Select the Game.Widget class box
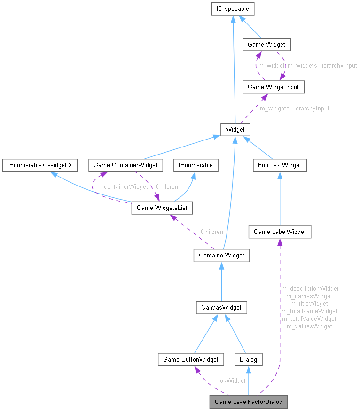pos(266,45)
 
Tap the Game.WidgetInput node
pos(269,87)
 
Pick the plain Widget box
pos(235,129)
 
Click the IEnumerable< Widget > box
pos(40,165)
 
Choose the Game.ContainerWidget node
pos(125,165)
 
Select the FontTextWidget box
pos(280,165)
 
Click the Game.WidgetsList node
pos(162,207)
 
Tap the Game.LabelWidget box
pos(280,232)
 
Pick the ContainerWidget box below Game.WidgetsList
pos(221,256)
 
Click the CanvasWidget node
pos(221,308)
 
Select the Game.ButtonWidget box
pos(190,360)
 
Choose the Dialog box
pos(248,360)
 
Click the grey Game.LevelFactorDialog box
pos(248,402)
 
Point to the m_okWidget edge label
pos(228,380)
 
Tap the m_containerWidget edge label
pos(121,187)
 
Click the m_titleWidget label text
pos(309,303)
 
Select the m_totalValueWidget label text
pos(309,318)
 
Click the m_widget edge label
pos(272,66)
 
